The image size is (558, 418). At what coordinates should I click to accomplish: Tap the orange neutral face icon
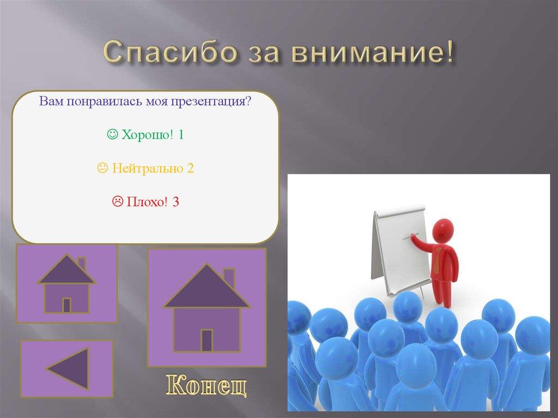coord(102,169)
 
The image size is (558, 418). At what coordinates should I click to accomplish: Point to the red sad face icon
coord(117,203)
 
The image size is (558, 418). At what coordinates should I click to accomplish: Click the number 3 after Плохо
coord(175,203)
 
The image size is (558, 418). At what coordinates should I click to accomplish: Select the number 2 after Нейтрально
coord(190,169)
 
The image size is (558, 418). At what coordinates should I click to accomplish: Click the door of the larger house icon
coord(207,340)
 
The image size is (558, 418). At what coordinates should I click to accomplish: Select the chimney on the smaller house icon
coord(81,263)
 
